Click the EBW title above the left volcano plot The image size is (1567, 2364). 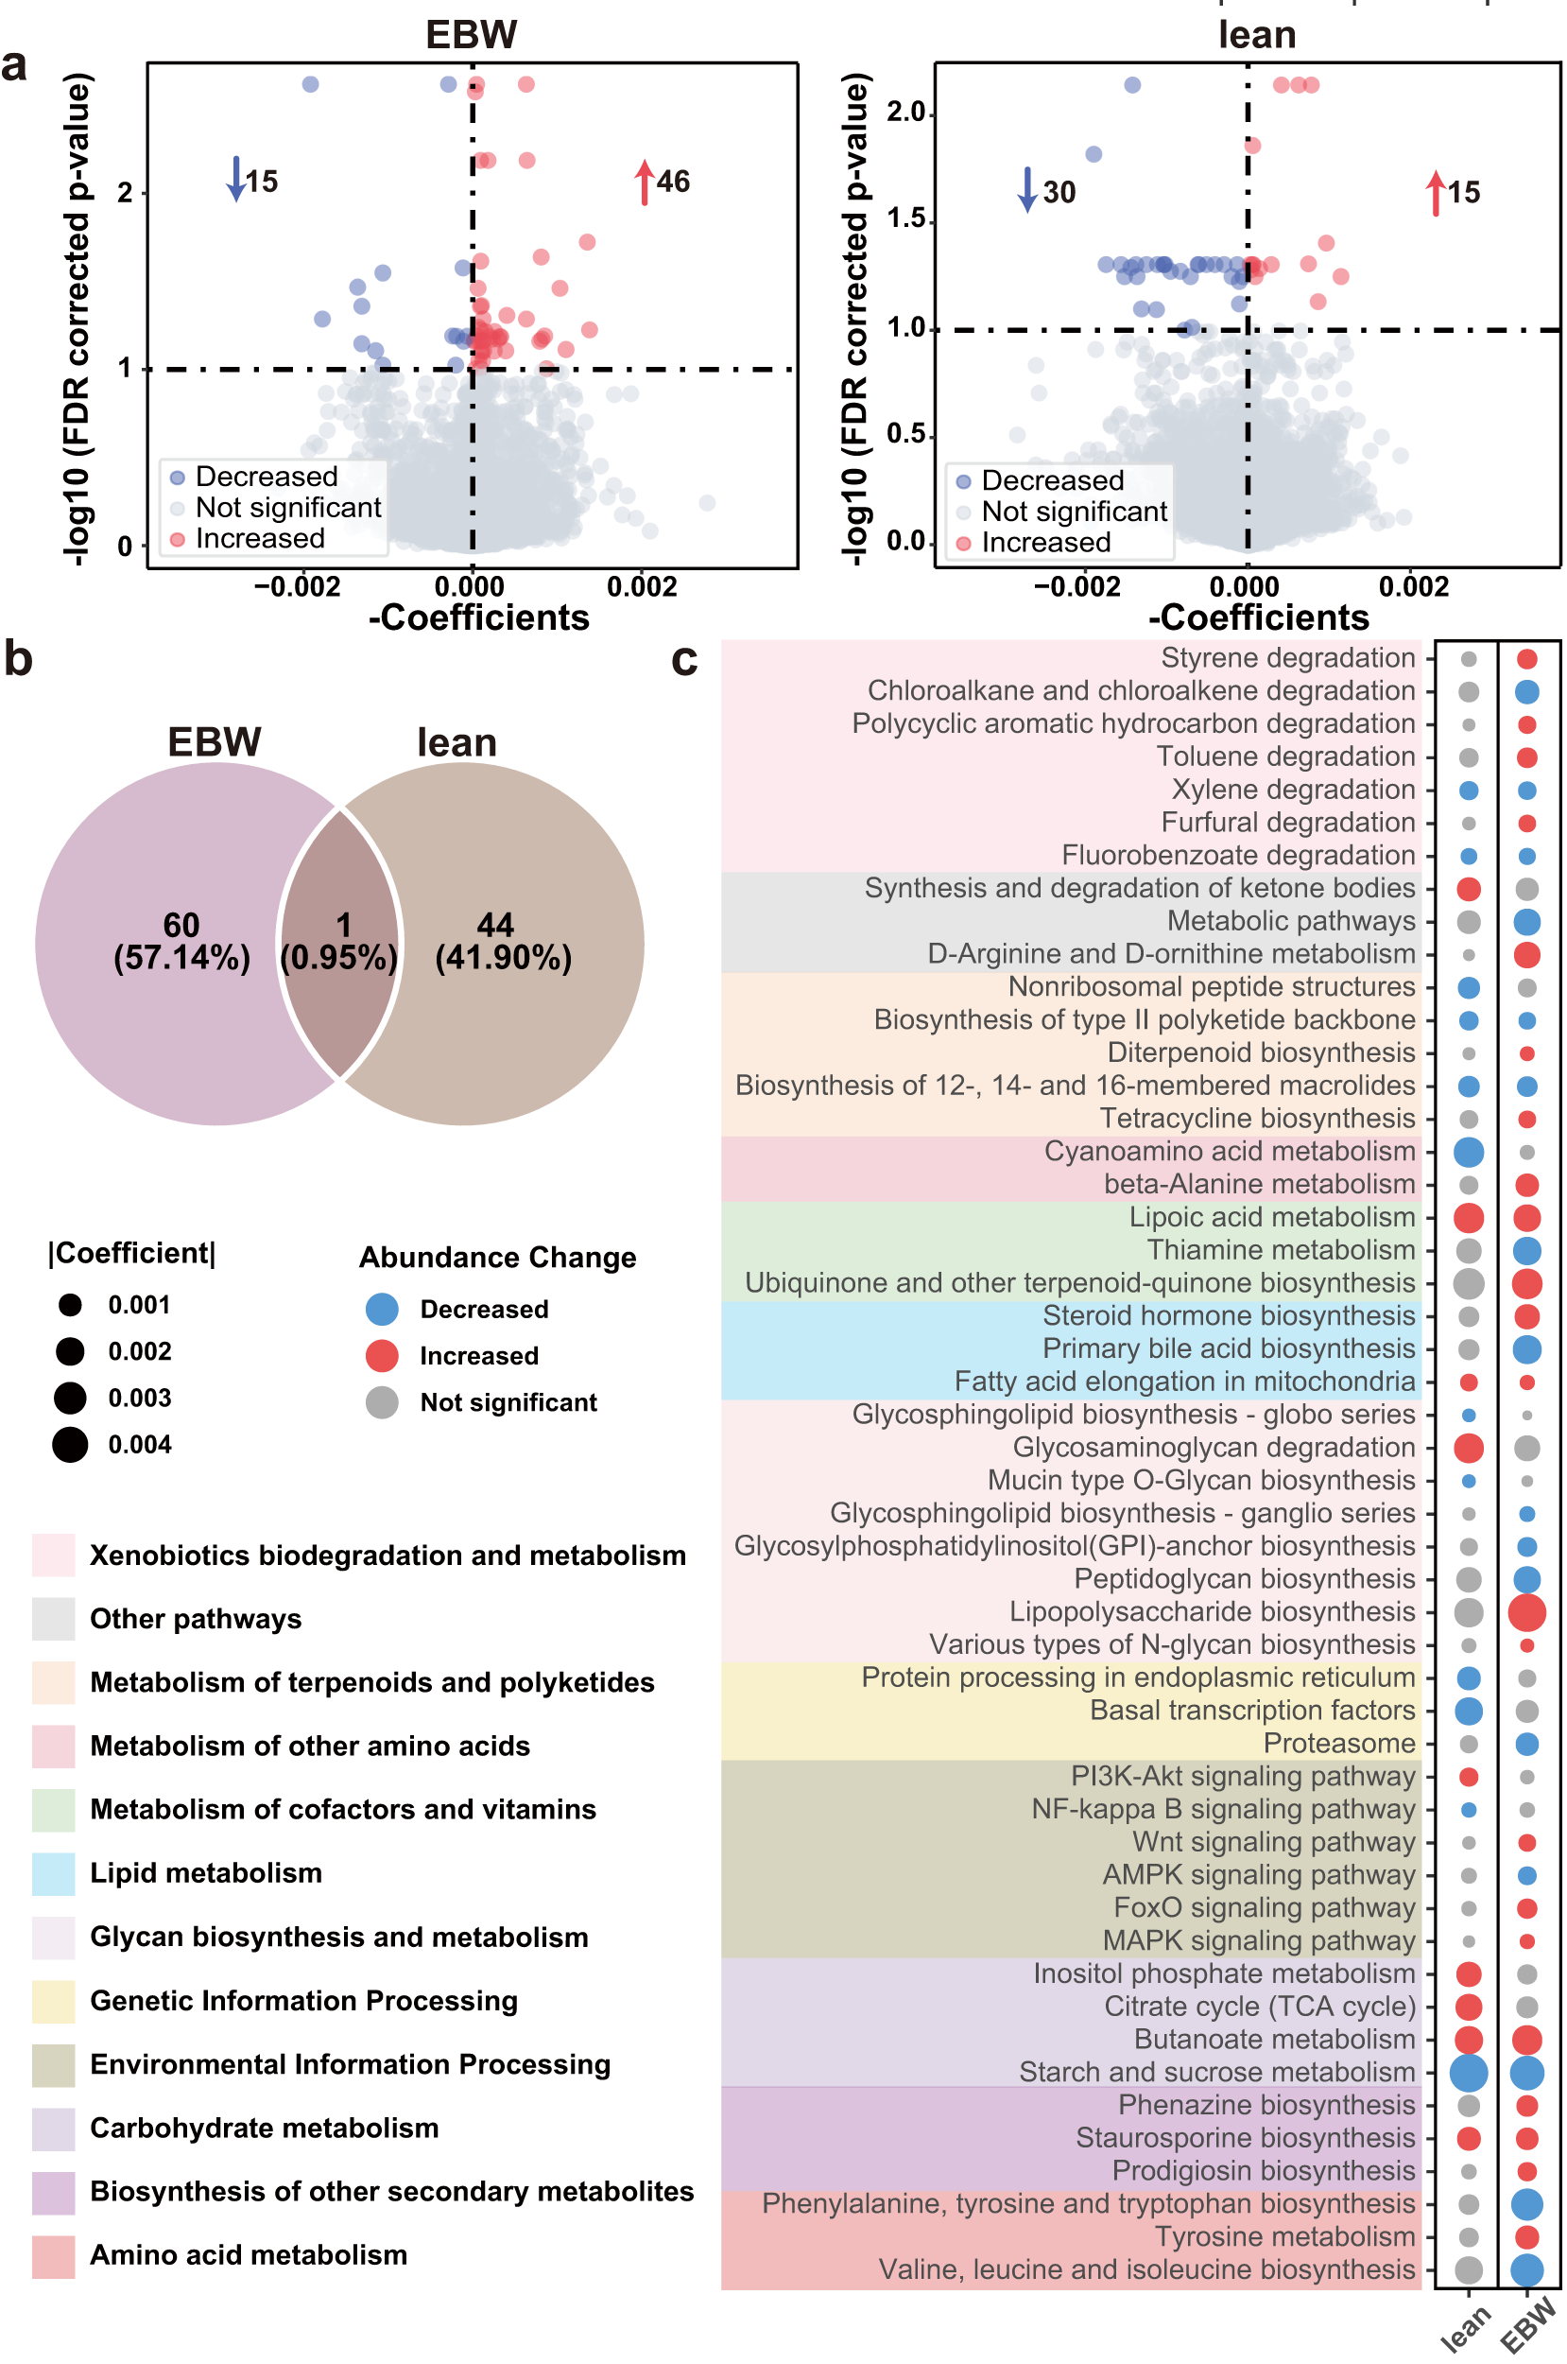[x=471, y=35]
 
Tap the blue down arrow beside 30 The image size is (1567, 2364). [x=1026, y=190]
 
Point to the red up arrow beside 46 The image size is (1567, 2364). [x=645, y=182]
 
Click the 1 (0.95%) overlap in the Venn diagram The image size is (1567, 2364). [x=341, y=942]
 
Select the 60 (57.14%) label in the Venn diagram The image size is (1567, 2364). [x=181, y=942]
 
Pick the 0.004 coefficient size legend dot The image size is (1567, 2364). [x=70, y=1444]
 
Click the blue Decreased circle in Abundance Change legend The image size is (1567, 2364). [x=382, y=1310]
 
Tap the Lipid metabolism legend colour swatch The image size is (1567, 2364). [x=53, y=1874]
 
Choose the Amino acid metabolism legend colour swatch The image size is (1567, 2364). [x=53, y=2256]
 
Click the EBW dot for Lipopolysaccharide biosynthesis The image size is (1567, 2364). [x=1526, y=1612]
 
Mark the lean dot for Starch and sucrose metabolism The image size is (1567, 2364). [x=1468, y=2073]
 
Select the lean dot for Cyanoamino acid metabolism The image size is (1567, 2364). [x=1468, y=1152]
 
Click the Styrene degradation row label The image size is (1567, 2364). [x=1287, y=658]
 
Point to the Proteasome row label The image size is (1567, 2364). [x=1339, y=1744]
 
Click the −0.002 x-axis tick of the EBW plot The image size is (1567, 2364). [x=298, y=587]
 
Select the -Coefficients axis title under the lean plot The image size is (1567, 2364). [x=1258, y=618]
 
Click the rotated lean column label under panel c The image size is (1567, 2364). [x=1466, y=2329]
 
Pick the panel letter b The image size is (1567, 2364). [x=18, y=660]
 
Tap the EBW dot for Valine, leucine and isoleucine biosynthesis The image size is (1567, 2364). [x=1526, y=2270]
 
